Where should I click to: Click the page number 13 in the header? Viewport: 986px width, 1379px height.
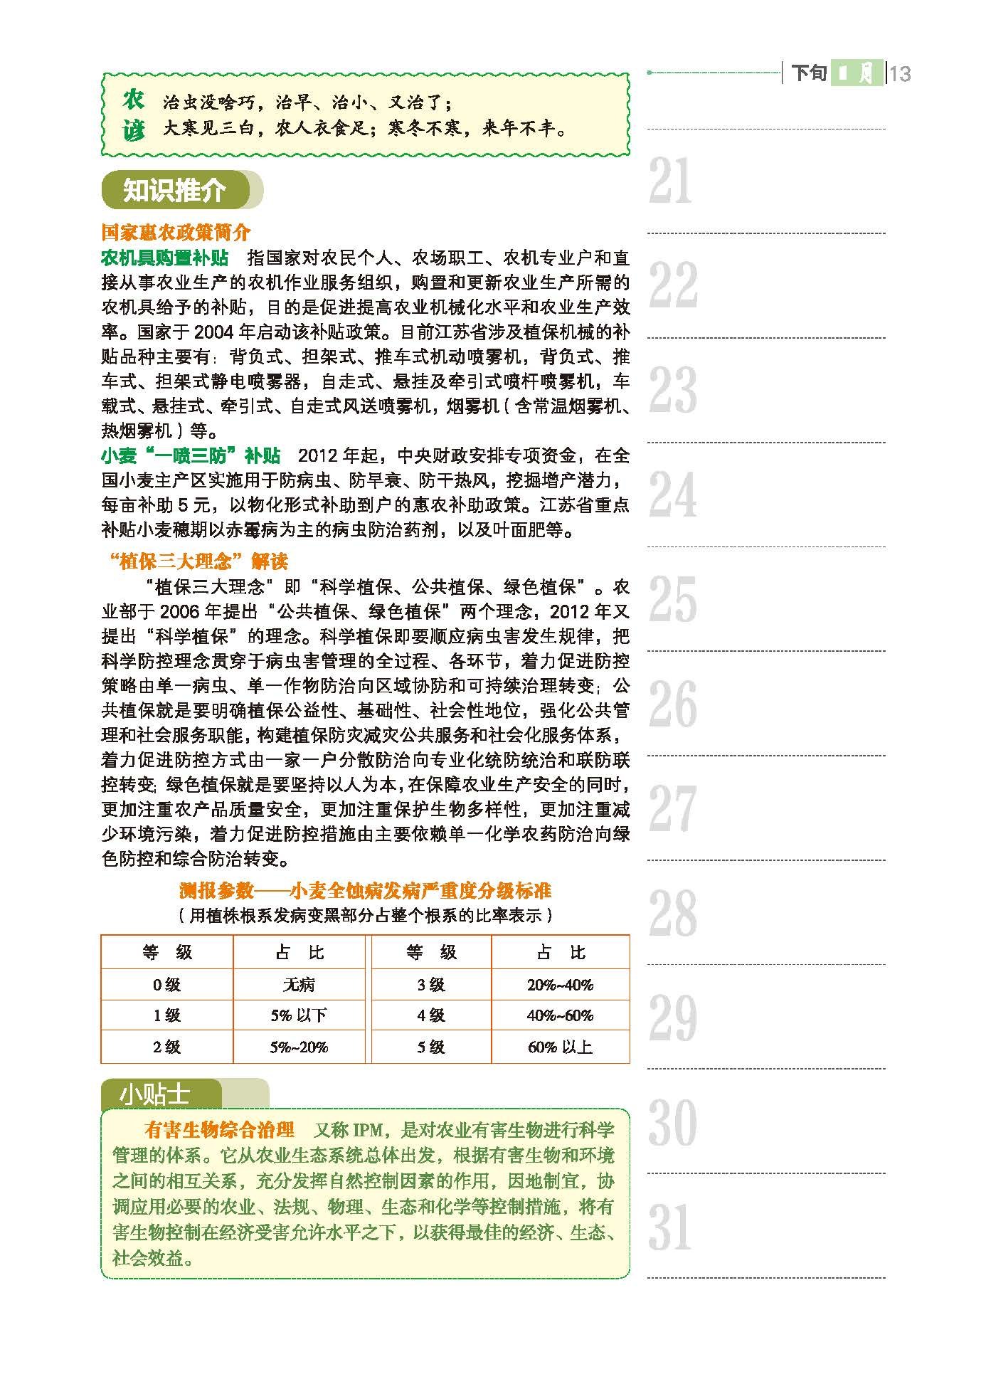(x=900, y=73)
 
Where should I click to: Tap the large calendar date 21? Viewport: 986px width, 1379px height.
(x=670, y=181)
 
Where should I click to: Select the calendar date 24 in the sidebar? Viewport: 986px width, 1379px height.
(x=672, y=495)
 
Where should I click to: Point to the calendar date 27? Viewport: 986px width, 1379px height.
(x=672, y=808)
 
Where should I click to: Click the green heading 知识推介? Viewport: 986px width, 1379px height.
(x=174, y=190)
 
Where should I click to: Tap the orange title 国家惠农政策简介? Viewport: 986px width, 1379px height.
(x=176, y=233)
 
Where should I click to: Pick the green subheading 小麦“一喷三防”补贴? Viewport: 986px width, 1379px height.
(x=191, y=455)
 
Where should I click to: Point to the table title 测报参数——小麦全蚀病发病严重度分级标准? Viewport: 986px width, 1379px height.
(x=365, y=890)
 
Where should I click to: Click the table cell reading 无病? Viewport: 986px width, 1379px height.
(x=299, y=985)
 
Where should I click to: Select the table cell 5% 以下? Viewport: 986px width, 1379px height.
(x=299, y=1015)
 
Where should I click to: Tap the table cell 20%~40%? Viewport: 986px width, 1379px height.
(x=560, y=985)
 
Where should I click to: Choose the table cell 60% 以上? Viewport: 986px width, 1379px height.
(x=560, y=1047)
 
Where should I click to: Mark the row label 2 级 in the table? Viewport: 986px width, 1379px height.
(x=167, y=1047)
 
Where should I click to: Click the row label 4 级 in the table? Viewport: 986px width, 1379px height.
(x=431, y=1015)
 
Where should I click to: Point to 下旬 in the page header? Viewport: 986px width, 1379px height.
(x=809, y=73)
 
